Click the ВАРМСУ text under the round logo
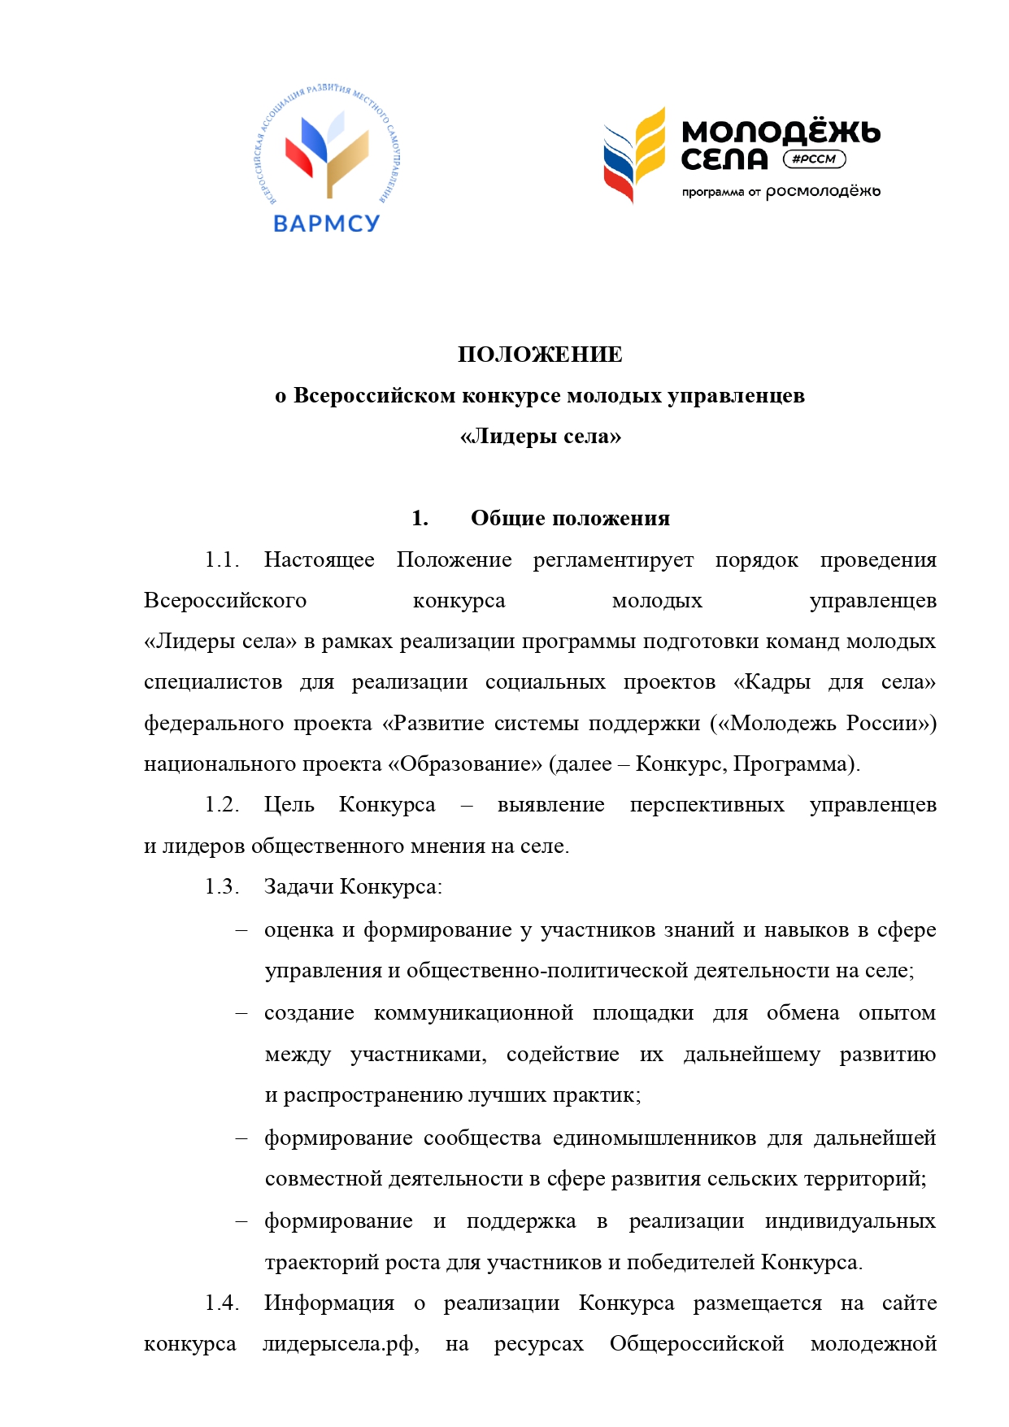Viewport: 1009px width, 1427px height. tap(326, 223)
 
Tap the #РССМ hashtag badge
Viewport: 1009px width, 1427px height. tap(814, 159)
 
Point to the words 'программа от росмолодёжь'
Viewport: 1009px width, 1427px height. tap(781, 192)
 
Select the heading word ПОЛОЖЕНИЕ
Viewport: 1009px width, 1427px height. tap(540, 355)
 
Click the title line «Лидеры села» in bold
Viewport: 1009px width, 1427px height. tap(540, 437)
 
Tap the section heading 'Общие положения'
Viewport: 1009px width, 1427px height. tap(570, 518)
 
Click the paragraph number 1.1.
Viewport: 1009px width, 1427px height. tap(221, 559)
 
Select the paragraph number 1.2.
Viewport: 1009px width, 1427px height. tap(221, 804)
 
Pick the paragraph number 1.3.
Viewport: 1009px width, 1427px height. tap(221, 886)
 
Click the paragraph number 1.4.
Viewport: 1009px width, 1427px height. tap(221, 1303)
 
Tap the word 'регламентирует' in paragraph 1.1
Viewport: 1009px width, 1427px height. tap(613, 559)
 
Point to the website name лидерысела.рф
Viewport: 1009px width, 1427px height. tap(340, 1344)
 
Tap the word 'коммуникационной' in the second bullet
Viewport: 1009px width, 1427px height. tap(473, 1013)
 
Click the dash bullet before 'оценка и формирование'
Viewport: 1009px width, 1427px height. tap(241, 930)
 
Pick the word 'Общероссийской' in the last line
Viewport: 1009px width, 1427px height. tap(696, 1344)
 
